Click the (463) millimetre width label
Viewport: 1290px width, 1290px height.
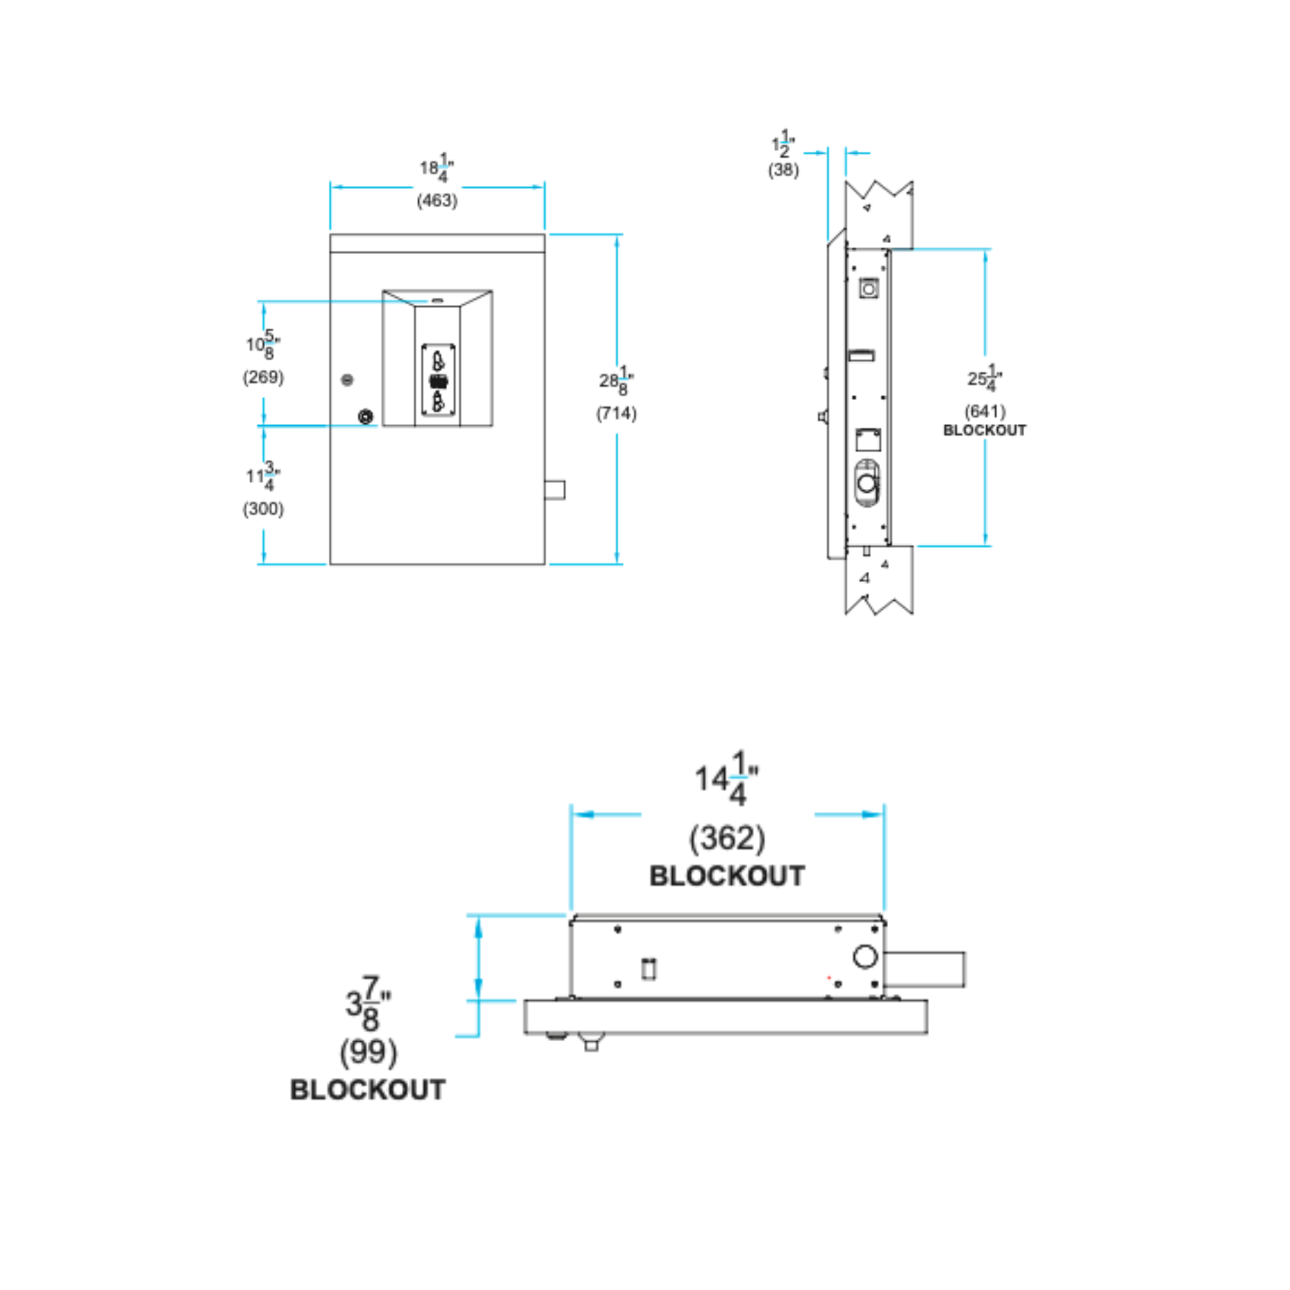click(x=437, y=200)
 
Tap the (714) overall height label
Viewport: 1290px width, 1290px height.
click(x=615, y=413)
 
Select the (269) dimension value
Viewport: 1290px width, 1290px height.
click(x=263, y=377)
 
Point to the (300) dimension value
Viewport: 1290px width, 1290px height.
click(x=263, y=509)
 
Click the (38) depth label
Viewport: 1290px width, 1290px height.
click(x=782, y=169)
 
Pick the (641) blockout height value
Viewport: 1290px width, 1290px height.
click(x=985, y=411)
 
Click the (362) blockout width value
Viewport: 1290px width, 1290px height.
click(x=726, y=838)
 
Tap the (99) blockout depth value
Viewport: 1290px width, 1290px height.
click(x=368, y=1053)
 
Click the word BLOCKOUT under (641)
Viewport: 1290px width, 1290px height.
click(x=985, y=431)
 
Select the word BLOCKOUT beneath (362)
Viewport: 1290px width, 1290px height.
click(x=726, y=876)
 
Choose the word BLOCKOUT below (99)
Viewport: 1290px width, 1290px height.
click(x=368, y=1090)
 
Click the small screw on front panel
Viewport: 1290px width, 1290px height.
click(x=347, y=380)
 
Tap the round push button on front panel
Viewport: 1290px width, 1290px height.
click(x=365, y=416)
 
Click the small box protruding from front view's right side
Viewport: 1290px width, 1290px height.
click(x=555, y=490)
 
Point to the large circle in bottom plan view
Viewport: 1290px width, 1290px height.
click(x=865, y=957)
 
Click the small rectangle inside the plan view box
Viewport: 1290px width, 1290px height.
click(x=648, y=969)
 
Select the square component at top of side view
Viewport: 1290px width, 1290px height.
click(x=868, y=289)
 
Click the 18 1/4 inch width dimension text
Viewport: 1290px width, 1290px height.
click(x=437, y=168)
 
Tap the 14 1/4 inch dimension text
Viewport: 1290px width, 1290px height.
click(x=725, y=779)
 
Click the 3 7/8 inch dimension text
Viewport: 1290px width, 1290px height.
click(x=368, y=1003)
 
